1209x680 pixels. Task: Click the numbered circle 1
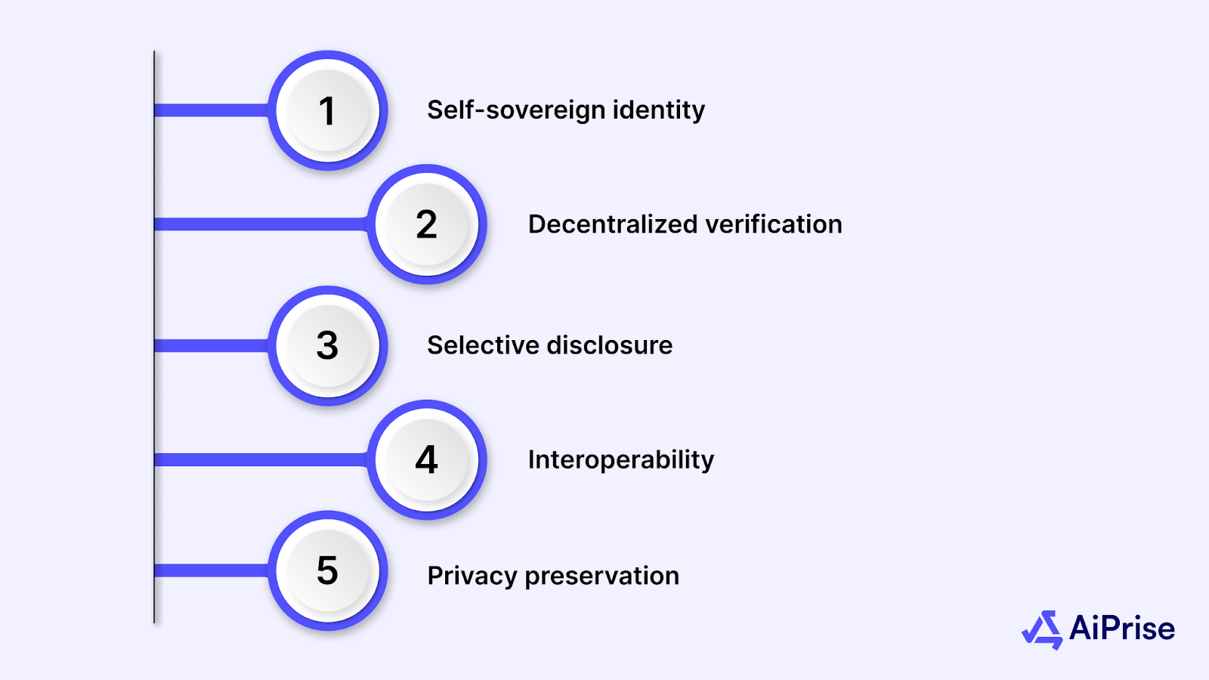tap(327, 110)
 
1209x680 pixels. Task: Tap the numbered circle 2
tap(427, 224)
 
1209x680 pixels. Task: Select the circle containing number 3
tap(327, 345)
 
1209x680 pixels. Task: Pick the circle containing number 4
tap(427, 459)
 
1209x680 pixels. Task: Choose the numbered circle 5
tap(327, 570)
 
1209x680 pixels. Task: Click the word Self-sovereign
tap(516, 110)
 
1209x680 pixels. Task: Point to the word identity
tap(658, 110)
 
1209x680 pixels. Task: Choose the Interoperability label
tap(620, 459)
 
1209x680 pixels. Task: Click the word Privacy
tap(472, 576)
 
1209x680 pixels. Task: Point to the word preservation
tap(601, 576)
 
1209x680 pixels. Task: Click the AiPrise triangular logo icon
tap(1043, 629)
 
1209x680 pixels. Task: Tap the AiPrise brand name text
tap(1122, 629)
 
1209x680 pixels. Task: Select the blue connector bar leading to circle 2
tap(261, 224)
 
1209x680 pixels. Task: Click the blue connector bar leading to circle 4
tap(261, 459)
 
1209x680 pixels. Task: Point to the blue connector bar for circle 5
tap(212, 570)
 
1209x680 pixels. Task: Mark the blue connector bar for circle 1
tap(212, 110)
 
